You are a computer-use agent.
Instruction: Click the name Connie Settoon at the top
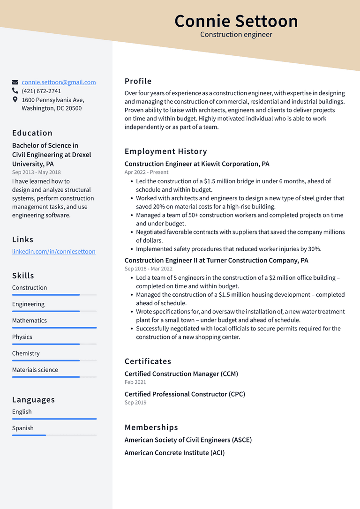coord(236,21)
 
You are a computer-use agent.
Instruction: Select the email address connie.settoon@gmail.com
coord(59,82)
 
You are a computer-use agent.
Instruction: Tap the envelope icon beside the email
coord(15,82)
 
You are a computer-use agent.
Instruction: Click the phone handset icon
coord(15,91)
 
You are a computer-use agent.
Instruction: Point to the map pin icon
coord(15,100)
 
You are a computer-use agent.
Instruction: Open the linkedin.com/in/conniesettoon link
coord(53,251)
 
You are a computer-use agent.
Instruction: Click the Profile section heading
coord(138,81)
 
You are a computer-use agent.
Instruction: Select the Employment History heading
coord(165,151)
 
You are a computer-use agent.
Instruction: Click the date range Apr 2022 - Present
coord(146,172)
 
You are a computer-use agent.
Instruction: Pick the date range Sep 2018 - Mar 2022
coord(148,269)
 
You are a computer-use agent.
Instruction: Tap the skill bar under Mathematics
coord(54,328)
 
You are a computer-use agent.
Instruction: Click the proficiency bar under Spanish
coord(54,435)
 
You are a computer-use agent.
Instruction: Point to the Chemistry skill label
coord(26,353)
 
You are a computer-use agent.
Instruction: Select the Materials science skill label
coord(35,370)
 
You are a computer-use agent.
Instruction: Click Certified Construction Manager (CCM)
coord(181,374)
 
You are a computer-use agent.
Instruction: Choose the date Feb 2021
coord(135,382)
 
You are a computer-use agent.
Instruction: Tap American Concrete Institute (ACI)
coord(174,453)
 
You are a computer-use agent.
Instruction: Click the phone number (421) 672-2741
coord(41,91)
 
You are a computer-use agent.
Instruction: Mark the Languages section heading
coord(33,400)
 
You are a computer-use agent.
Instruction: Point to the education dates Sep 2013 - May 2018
coord(36,172)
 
